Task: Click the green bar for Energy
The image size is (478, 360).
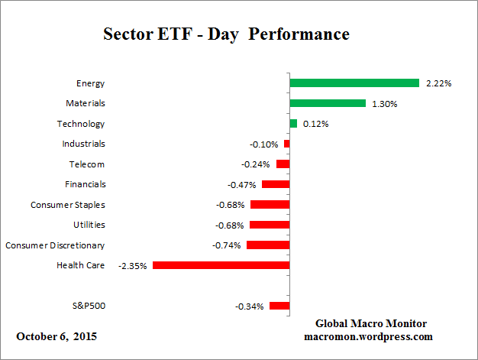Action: (x=354, y=83)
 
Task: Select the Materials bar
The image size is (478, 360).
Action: (x=328, y=103)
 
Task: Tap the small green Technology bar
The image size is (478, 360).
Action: (x=293, y=123)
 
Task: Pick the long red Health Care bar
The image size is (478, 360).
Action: (x=221, y=265)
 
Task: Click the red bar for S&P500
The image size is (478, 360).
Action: (x=279, y=306)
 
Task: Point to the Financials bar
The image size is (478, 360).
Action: (x=276, y=184)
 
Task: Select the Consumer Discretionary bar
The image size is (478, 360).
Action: (x=268, y=245)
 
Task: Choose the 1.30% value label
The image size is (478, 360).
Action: (x=384, y=103)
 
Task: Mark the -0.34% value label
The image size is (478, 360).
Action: (x=250, y=306)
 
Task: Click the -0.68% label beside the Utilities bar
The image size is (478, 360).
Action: (x=231, y=225)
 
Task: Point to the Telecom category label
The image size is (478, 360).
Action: (x=87, y=164)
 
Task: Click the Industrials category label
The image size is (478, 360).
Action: (x=83, y=144)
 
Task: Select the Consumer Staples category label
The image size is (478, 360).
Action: (x=67, y=205)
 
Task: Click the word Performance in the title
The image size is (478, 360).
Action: (x=303, y=34)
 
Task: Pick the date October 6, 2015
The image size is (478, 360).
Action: (x=57, y=336)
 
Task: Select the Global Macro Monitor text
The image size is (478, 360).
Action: (x=370, y=323)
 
